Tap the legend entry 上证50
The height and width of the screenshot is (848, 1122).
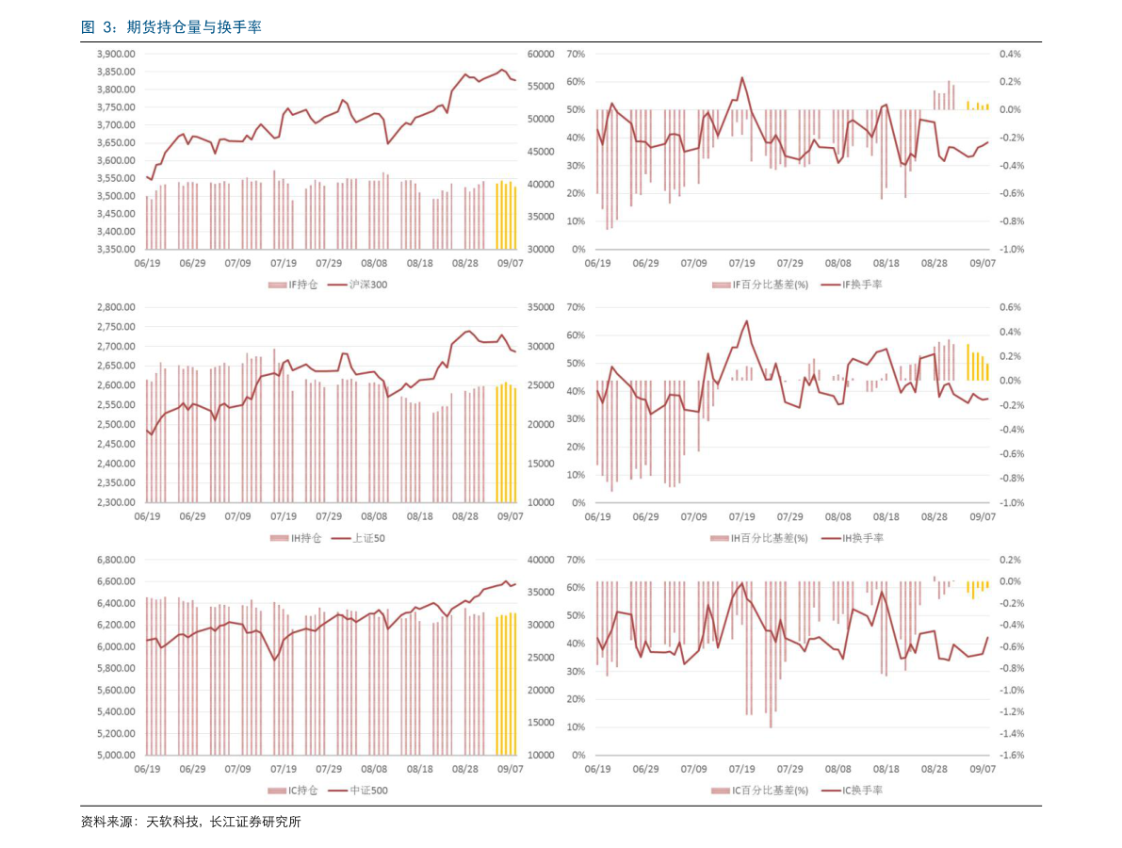[368, 538]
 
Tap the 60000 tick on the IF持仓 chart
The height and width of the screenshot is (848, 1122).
[540, 55]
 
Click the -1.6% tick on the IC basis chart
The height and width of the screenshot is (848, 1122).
[1010, 756]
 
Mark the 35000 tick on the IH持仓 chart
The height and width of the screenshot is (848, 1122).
[540, 307]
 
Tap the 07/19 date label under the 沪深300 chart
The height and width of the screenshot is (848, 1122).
[284, 264]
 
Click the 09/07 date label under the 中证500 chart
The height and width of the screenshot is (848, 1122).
[511, 769]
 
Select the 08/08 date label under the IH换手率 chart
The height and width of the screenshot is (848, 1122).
[837, 517]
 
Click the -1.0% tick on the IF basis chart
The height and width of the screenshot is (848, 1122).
[1010, 250]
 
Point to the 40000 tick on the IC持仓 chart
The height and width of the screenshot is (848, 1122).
[540, 560]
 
